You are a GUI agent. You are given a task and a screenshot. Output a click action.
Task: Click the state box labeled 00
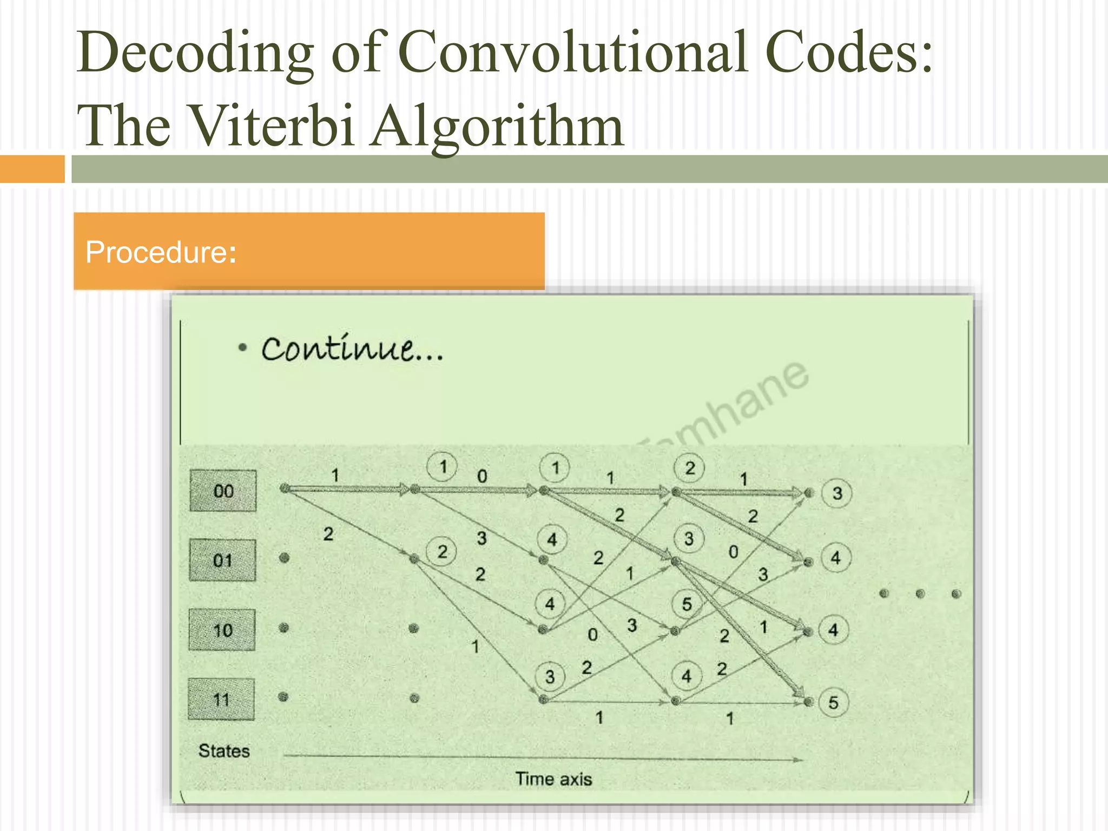tap(223, 491)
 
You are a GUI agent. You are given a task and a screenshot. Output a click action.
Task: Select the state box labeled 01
tap(222, 560)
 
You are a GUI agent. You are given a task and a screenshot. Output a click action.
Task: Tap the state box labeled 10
tap(222, 630)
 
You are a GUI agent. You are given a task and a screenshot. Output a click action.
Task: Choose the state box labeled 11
tap(221, 699)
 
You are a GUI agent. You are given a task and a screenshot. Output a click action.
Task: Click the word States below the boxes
tap(224, 751)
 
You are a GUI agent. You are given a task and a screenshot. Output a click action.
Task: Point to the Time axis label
tap(553, 779)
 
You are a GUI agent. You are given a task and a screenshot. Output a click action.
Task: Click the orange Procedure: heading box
tap(309, 251)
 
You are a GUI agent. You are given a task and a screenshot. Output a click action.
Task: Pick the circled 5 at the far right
tap(833, 702)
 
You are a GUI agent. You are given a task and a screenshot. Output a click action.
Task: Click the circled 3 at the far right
tap(837, 493)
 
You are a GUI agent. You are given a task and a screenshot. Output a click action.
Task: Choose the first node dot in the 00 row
tap(285, 489)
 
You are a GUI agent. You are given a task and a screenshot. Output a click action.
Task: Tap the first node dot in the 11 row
tap(283, 697)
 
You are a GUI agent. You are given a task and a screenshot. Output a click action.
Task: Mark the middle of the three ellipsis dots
tap(920, 594)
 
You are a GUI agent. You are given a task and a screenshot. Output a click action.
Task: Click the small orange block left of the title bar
tap(32, 169)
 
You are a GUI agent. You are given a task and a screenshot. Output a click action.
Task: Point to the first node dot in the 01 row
tap(284, 558)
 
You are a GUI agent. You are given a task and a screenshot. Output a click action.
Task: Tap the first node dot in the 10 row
tap(283, 628)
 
